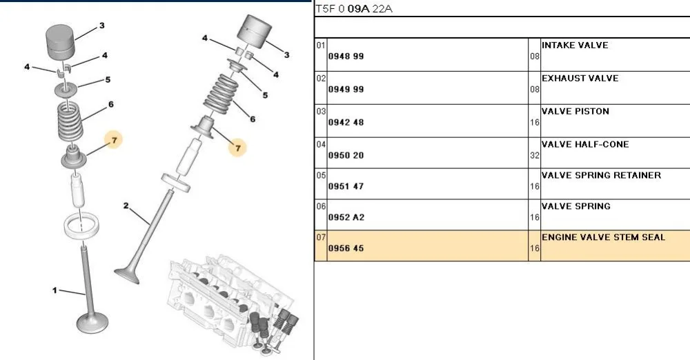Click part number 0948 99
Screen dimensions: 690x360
pos(346,57)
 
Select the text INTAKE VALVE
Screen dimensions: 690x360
pos(575,46)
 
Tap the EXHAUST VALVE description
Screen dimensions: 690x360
pos(580,79)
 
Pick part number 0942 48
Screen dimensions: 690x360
pos(346,122)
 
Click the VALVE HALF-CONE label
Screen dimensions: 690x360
pos(585,144)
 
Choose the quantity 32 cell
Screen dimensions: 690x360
pos(535,155)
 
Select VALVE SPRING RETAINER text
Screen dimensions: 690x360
pos(601,175)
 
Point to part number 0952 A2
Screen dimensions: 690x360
pos(346,217)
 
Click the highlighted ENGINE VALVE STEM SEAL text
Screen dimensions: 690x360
pos(603,237)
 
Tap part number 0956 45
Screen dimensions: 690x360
pos(346,248)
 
